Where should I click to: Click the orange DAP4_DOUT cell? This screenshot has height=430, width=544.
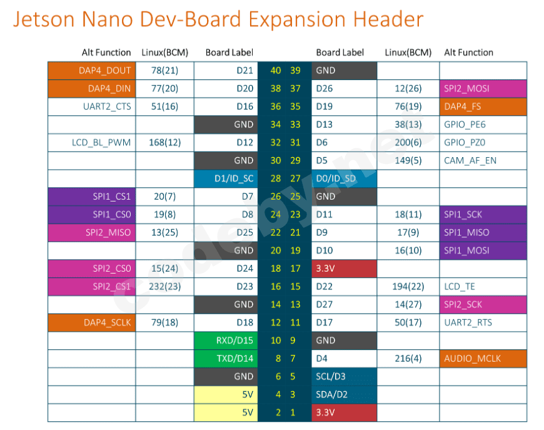91,71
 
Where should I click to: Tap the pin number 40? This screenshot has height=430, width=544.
275,71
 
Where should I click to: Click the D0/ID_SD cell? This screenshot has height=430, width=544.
344,178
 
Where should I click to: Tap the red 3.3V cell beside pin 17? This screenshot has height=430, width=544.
344,269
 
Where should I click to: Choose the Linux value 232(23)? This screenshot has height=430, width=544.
164,287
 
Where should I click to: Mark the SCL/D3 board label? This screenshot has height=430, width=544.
344,377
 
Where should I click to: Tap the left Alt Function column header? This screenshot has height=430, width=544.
106,53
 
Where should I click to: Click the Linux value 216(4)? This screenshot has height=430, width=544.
408,359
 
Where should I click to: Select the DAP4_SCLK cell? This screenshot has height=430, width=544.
91,322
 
